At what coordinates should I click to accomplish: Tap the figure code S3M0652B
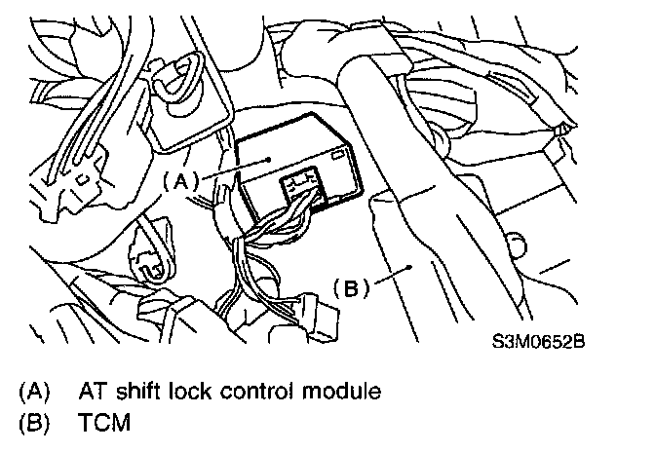(x=543, y=342)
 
